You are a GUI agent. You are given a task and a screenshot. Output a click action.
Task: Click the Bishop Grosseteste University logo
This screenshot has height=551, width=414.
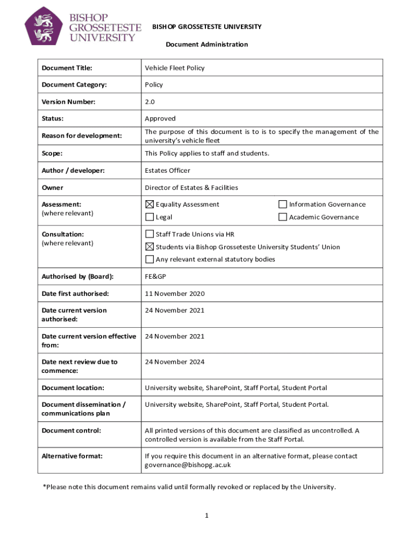click(83, 26)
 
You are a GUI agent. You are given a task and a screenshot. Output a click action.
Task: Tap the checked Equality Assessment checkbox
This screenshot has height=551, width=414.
click(149, 204)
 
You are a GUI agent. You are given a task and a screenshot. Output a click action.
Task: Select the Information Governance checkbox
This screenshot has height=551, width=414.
click(282, 204)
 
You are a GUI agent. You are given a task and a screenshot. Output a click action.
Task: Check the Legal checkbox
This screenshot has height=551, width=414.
click(149, 217)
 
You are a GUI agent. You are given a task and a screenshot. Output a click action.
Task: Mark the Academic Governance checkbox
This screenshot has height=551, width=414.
click(282, 217)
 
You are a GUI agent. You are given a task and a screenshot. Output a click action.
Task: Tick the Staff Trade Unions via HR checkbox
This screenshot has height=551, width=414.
click(149, 235)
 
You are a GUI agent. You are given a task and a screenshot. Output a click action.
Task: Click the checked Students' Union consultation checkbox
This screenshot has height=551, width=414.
click(149, 247)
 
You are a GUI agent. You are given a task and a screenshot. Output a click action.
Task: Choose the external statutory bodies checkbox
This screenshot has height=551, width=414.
click(149, 259)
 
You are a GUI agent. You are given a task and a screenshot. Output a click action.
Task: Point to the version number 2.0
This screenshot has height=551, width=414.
click(150, 102)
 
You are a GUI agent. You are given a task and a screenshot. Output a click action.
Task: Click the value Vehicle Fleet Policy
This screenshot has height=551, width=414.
click(174, 68)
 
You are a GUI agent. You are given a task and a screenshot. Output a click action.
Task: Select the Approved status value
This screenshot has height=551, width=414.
click(160, 118)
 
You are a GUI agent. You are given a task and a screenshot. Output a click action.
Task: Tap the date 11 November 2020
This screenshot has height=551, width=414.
click(174, 294)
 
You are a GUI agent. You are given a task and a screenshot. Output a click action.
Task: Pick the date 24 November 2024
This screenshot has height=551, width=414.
click(174, 362)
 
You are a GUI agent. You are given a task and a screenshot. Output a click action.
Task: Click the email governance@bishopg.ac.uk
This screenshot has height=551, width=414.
click(188, 465)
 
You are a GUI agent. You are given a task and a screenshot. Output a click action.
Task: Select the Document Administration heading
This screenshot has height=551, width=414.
click(206, 45)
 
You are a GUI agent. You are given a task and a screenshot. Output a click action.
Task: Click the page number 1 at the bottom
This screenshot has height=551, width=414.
click(206, 515)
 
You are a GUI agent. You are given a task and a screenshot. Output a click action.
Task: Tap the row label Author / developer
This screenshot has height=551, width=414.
click(73, 171)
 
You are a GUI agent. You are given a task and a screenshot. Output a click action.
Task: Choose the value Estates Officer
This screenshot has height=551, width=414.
click(167, 171)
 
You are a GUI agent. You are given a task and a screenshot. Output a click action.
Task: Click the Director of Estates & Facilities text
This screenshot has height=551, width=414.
click(191, 188)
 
